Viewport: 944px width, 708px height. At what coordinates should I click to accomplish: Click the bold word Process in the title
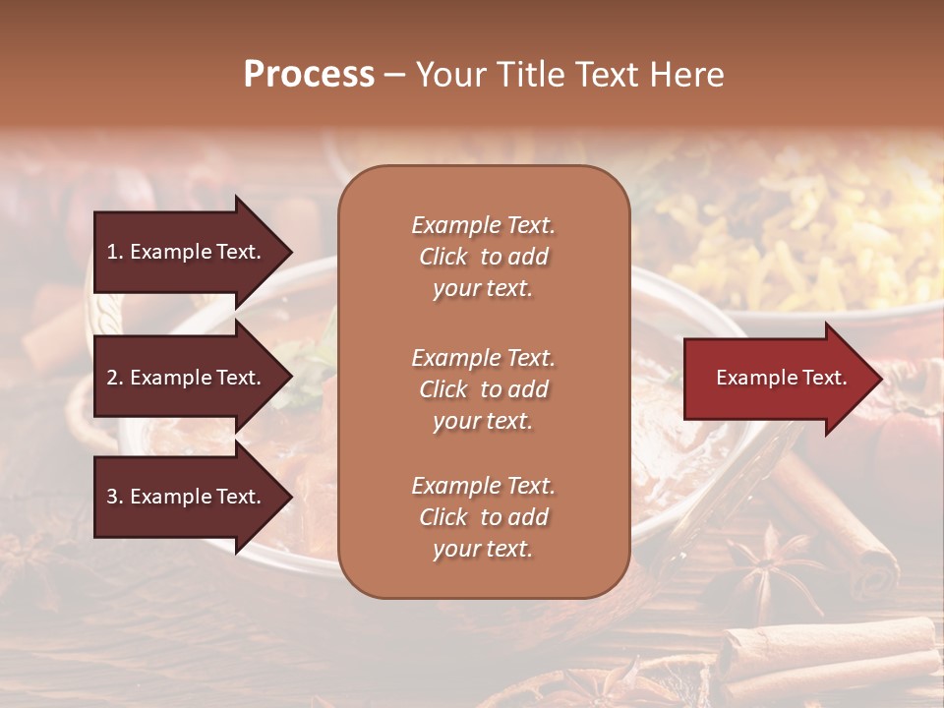[309, 75]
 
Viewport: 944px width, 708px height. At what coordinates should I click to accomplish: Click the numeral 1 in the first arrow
[113, 252]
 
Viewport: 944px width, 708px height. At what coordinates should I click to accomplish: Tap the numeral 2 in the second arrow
[113, 378]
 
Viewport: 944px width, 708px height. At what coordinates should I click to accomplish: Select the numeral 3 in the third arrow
[113, 497]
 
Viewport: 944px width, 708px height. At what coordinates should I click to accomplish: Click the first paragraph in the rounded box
[483, 257]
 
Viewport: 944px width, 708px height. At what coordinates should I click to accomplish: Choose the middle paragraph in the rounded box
[483, 389]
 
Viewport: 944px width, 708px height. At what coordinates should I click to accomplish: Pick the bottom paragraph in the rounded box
[483, 517]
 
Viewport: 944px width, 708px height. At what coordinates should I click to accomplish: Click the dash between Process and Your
[395, 76]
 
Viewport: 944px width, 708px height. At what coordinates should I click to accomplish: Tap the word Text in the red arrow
[824, 379]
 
